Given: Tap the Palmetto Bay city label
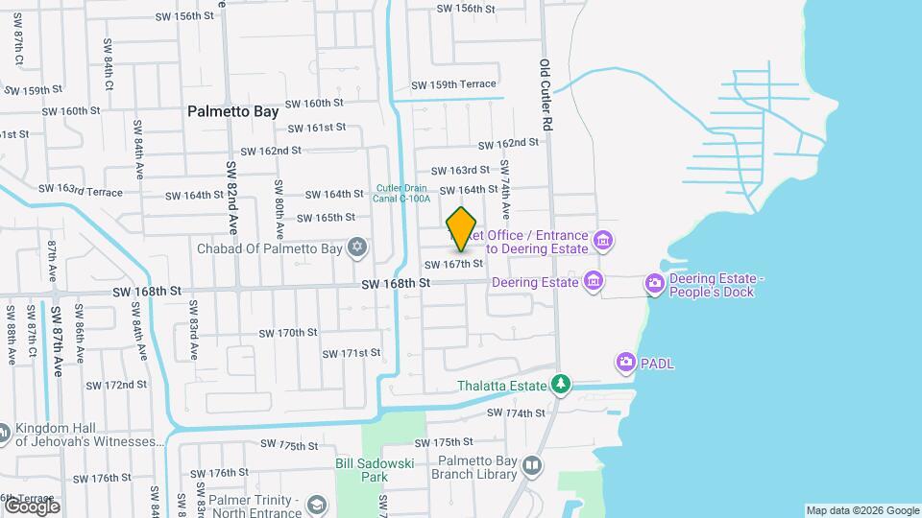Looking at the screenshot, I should (232, 111).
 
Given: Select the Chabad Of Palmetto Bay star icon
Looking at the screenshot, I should (358, 248).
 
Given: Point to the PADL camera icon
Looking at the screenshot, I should (626, 362).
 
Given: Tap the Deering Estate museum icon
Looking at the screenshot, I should (594, 281).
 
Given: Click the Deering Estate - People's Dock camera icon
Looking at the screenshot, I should (655, 282).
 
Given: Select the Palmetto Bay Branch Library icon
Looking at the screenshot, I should (532, 466).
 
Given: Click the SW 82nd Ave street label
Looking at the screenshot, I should (232, 197).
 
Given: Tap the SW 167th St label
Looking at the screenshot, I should (451, 264).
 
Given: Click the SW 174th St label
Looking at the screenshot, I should (516, 413).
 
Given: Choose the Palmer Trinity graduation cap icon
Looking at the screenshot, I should (316, 505).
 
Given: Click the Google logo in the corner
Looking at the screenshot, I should (31, 506).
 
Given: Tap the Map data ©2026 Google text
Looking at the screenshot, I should (862, 510).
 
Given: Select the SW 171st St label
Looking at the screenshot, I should (352, 353).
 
